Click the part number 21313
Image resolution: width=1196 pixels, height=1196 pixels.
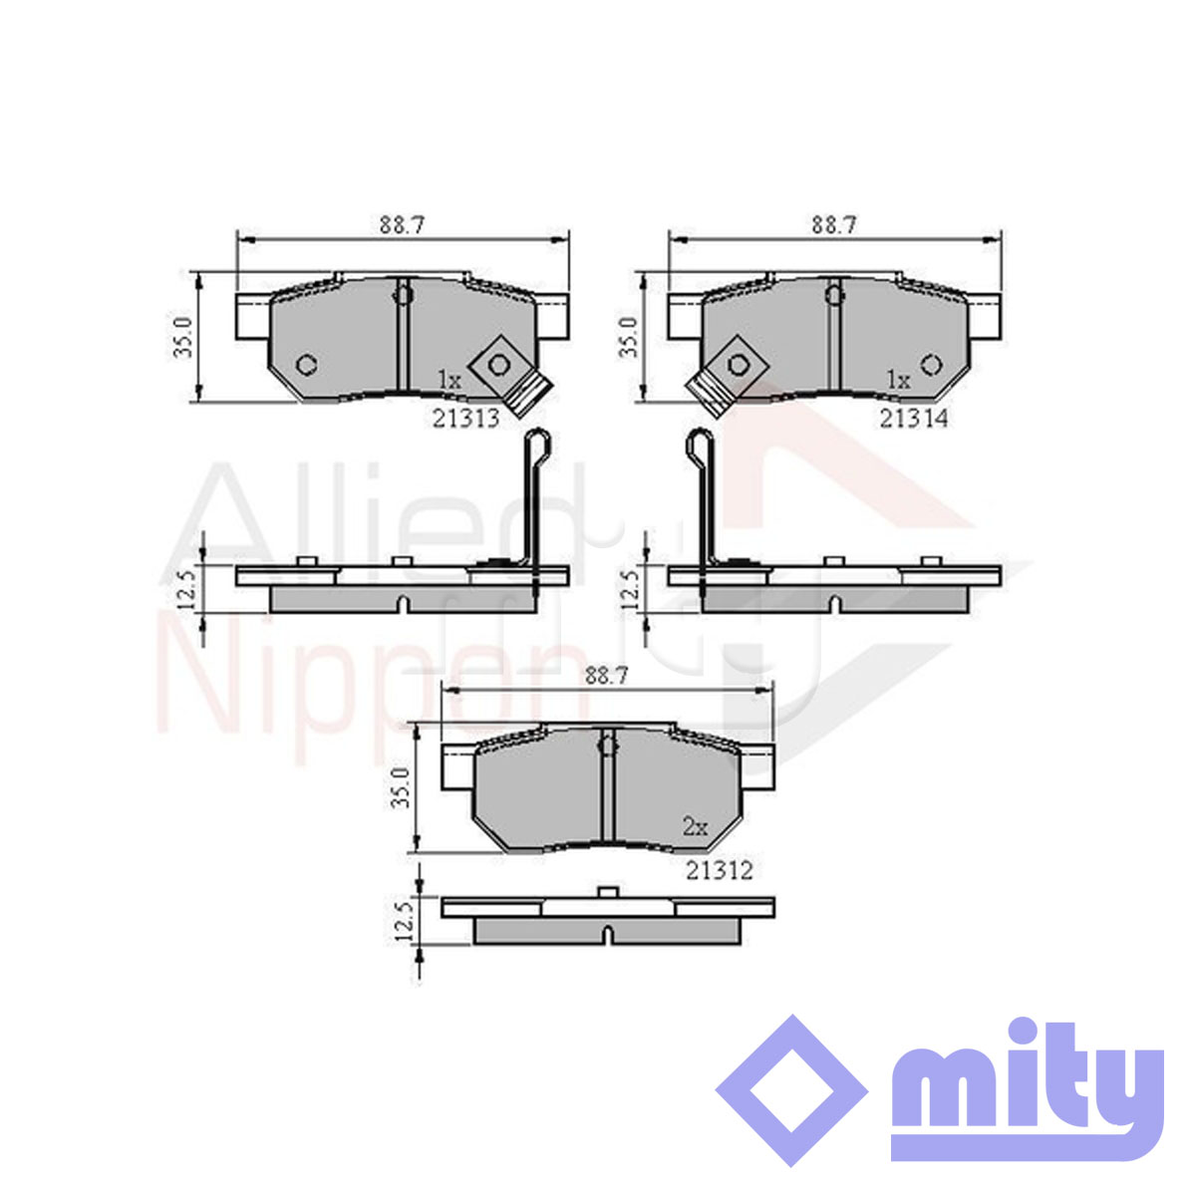[x=465, y=419]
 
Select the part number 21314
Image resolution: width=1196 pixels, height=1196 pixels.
[x=914, y=419]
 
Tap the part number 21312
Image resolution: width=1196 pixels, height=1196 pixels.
[x=720, y=871]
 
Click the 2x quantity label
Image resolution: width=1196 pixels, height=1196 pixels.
[x=695, y=826]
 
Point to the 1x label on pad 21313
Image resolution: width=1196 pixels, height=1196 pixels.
[x=449, y=379]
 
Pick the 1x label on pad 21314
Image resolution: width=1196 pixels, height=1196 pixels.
[x=898, y=379]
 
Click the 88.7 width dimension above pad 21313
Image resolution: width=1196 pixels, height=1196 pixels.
[x=403, y=224]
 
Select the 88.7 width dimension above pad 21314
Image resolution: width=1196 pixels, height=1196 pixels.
[x=833, y=224]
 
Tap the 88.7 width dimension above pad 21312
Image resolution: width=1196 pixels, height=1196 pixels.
[x=606, y=676]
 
